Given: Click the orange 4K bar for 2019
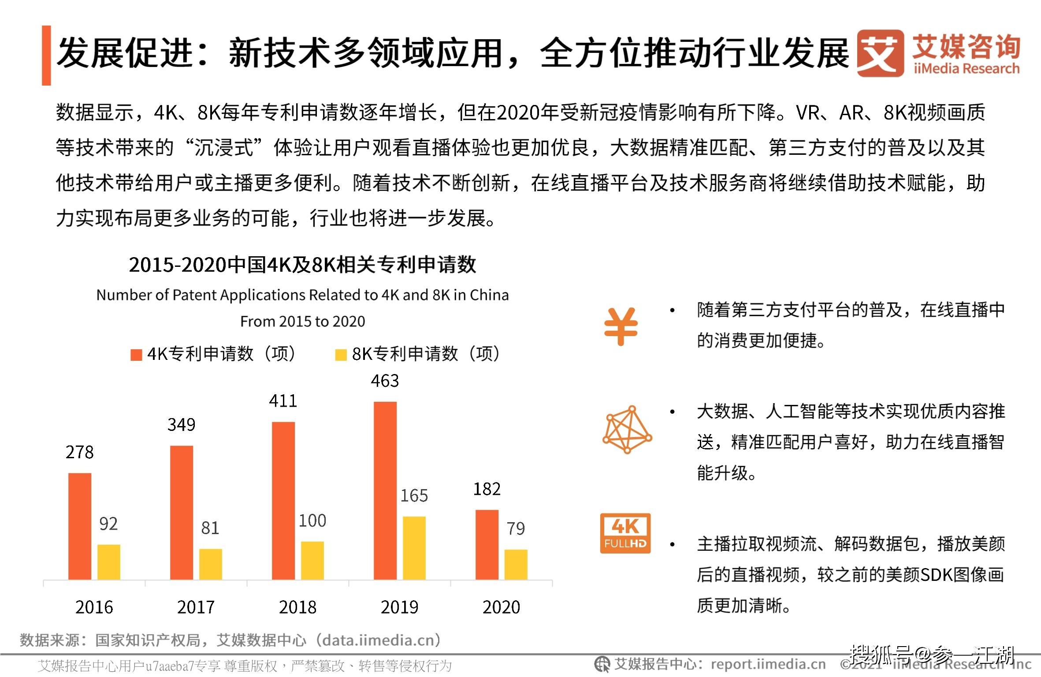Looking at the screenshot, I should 385,490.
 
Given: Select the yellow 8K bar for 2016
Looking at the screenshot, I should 108,562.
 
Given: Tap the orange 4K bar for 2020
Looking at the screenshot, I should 487,544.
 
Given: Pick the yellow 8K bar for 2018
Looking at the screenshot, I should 312,560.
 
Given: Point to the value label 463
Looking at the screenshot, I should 384,381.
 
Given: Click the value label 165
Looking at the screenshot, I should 413,496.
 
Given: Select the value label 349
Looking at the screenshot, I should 181,424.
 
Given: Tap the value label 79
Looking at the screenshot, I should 515,528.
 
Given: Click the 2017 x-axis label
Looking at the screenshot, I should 196,607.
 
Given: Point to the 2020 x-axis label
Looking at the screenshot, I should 501,607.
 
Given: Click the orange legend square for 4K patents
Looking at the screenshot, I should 136,355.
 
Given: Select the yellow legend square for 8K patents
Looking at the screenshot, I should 341,355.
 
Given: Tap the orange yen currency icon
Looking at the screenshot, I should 621,326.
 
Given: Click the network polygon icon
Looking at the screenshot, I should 627,429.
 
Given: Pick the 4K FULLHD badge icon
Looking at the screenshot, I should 625,533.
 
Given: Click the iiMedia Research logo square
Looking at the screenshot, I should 880,53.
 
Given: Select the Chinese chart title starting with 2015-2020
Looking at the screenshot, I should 302,265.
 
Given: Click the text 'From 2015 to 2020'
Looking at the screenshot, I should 302,321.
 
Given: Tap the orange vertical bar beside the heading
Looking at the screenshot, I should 46,55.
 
